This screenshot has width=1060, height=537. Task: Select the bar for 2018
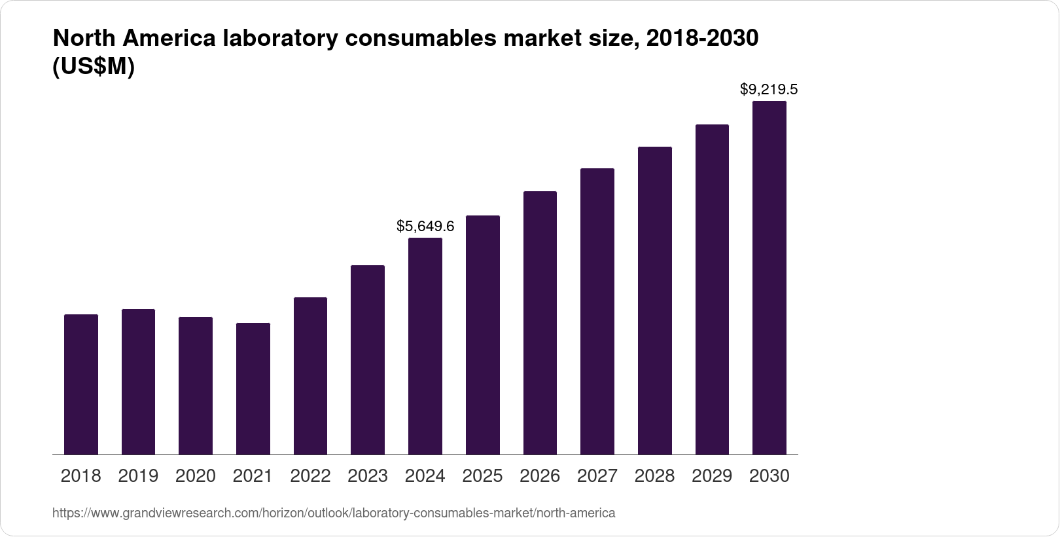(x=81, y=384)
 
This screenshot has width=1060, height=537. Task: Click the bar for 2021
(x=253, y=388)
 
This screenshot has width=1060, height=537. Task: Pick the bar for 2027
(x=597, y=311)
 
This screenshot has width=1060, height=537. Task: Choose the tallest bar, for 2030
(x=769, y=278)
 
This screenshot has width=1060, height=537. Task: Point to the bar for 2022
(x=310, y=376)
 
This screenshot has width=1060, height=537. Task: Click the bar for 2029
(x=712, y=289)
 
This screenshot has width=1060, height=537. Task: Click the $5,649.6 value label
(x=425, y=227)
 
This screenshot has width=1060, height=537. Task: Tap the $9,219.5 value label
(x=769, y=89)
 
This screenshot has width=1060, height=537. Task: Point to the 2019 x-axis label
(x=138, y=476)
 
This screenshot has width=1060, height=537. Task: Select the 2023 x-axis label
(x=368, y=476)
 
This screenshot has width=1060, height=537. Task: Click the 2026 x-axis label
(x=540, y=476)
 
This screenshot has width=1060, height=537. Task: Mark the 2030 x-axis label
(x=769, y=476)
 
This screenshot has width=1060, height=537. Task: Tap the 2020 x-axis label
(x=196, y=476)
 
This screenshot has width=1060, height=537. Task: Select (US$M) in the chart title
(x=93, y=67)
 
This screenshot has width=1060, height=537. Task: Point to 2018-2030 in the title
(x=701, y=39)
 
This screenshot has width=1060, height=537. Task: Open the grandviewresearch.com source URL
(x=334, y=513)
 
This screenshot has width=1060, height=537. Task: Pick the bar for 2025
(x=483, y=335)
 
